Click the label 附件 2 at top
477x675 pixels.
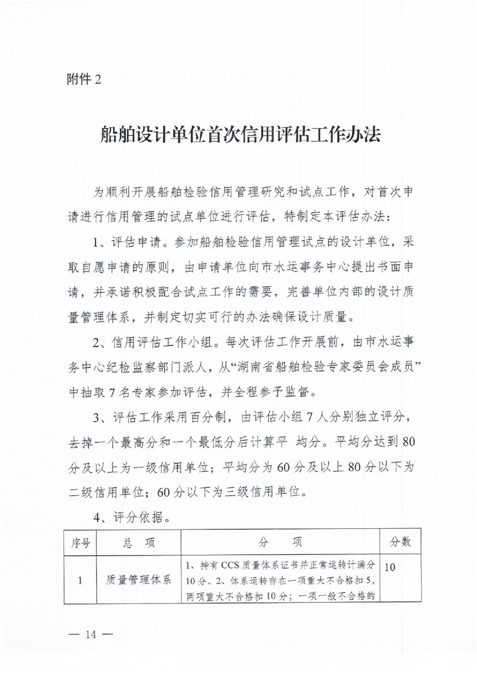(84, 81)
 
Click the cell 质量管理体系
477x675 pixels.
(138, 581)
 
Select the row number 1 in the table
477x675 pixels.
(81, 581)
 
